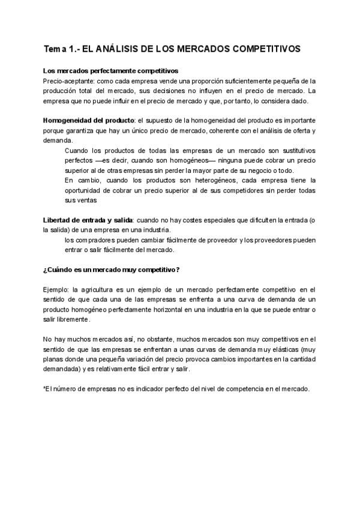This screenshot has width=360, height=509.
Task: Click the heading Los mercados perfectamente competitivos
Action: [110, 71]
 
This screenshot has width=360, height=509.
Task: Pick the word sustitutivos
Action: [293, 150]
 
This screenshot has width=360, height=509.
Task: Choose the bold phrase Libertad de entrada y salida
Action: [88, 220]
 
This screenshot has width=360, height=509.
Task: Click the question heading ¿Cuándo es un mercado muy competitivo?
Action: [112, 270]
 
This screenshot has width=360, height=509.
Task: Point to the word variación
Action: [133, 359]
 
